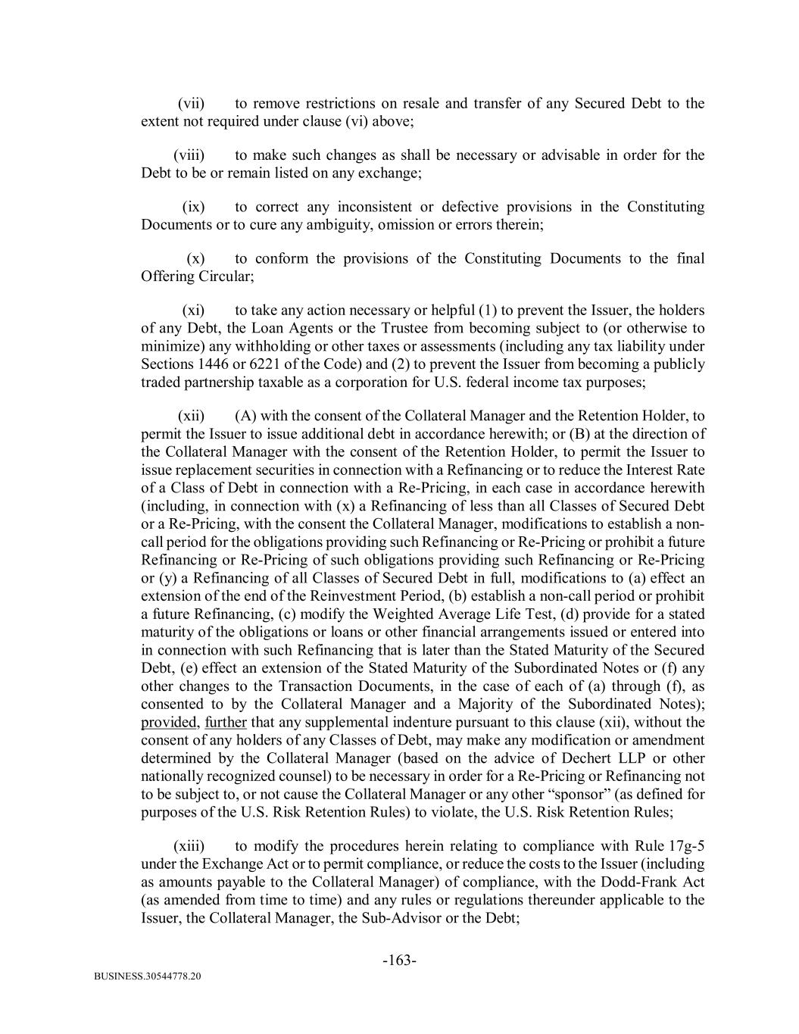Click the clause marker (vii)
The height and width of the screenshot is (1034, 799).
pos(191,104)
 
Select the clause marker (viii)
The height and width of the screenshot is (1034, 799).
pos(189,155)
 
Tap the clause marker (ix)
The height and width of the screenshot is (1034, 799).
pos(193,207)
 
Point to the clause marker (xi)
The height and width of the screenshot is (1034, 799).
pos(193,310)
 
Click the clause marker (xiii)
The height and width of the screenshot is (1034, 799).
pos(189,846)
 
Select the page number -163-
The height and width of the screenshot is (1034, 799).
pos(399,961)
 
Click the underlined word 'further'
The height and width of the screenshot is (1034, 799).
pos(226,722)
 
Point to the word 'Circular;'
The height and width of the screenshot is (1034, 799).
pos(226,276)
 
